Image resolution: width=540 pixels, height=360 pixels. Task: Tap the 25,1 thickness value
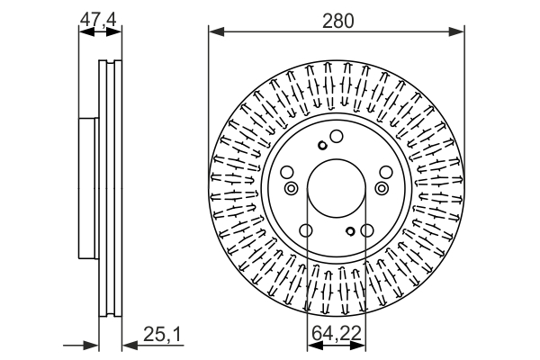pyautogui.click(x=163, y=336)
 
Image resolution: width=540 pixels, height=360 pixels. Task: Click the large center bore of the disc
pyautogui.click(x=337, y=188)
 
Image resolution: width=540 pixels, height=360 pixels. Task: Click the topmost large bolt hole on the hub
pyautogui.click(x=336, y=137)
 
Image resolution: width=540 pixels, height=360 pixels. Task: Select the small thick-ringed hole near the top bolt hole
pyautogui.click(x=322, y=146)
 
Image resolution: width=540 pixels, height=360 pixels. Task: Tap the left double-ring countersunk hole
pyautogui.click(x=291, y=188)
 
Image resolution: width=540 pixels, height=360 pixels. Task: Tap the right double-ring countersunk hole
pyautogui.click(x=382, y=188)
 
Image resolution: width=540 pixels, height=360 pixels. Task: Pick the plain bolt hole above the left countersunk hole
pyautogui.click(x=287, y=174)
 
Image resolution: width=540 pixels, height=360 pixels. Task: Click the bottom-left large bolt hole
pyautogui.click(x=307, y=231)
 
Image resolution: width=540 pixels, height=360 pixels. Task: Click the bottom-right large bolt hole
pyautogui.click(x=366, y=231)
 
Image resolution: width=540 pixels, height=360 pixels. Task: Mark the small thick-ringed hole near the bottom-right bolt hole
pyautogui.click(x=349, y=232)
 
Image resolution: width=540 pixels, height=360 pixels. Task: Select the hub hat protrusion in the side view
pyautogui.click(x=88, y=188)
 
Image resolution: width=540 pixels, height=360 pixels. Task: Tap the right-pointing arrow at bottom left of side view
pyautogui.click(x=90, y=343)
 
